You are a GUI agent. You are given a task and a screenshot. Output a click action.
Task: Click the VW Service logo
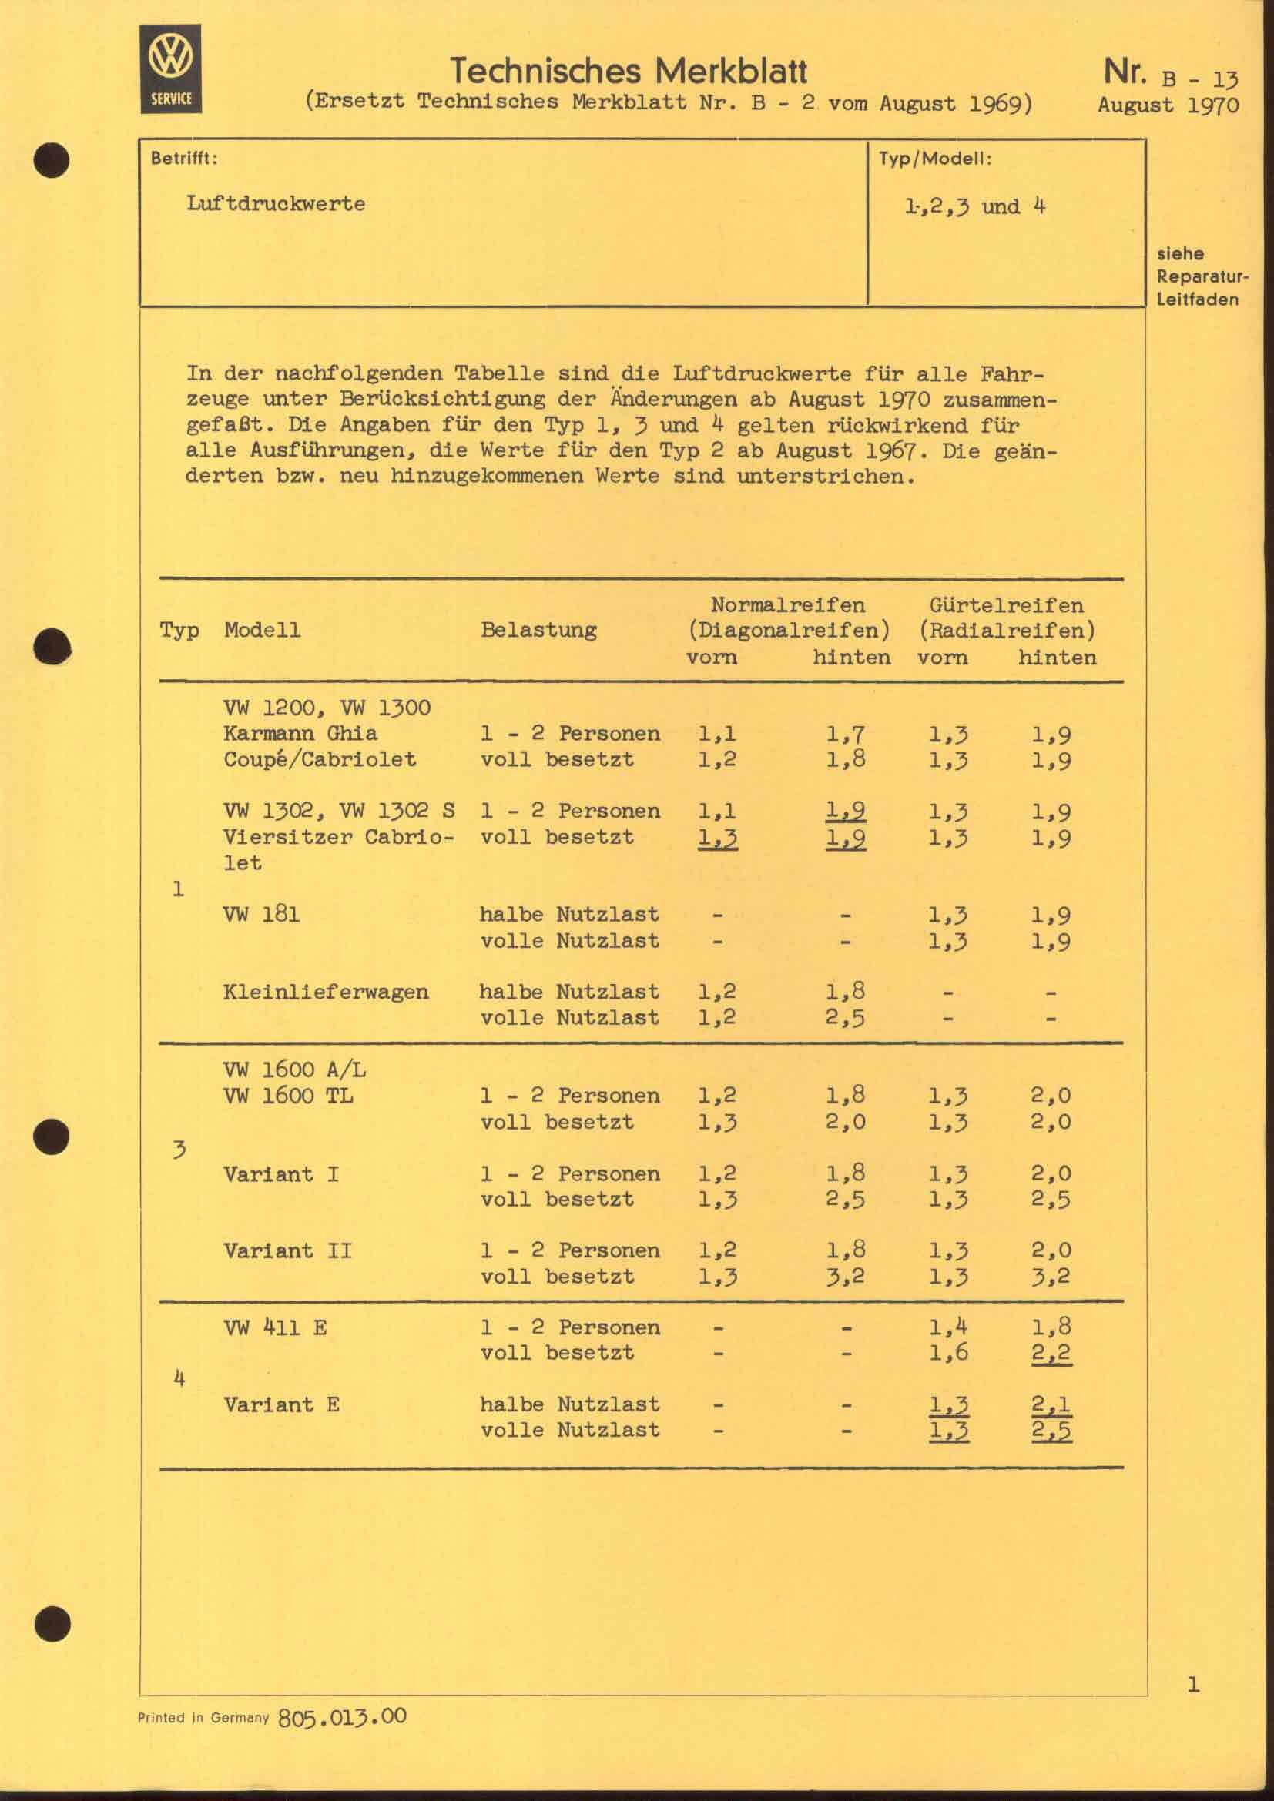[171, 69]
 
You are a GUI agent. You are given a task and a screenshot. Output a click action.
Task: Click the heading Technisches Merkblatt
[629, 72]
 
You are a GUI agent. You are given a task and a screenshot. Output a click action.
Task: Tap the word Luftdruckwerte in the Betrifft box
[275, 204]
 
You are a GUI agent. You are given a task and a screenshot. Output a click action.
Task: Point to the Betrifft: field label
[184, 159]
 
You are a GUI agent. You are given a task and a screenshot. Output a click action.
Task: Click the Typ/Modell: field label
[935, 159]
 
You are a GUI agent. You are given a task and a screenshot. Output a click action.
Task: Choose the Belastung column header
[538, 630]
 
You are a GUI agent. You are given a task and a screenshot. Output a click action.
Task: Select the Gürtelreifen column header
[1007, 605]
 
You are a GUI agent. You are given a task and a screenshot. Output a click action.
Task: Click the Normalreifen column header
[788, 605]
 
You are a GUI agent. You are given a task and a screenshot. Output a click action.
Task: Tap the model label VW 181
[261, 915]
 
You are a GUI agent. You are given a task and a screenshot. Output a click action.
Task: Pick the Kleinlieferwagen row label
[326, 993]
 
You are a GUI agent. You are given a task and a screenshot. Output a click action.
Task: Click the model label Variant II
[287, 1250]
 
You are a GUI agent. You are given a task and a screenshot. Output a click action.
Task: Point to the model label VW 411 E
[274, 1328]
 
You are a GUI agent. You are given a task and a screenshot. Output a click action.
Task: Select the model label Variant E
[281, 1405]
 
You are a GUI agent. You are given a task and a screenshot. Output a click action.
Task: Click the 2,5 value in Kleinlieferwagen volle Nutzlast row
[846, 1018]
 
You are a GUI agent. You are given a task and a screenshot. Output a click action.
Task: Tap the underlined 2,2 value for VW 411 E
[1051, 1354]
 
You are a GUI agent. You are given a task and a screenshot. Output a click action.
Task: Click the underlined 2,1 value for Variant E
[1051, 1406]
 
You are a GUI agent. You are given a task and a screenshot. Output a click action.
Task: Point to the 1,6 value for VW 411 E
[948, 1354]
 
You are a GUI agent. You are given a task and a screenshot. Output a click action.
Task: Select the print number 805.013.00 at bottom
[342, 1717]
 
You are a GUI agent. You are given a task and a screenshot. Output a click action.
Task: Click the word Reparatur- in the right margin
[1202, 277]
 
